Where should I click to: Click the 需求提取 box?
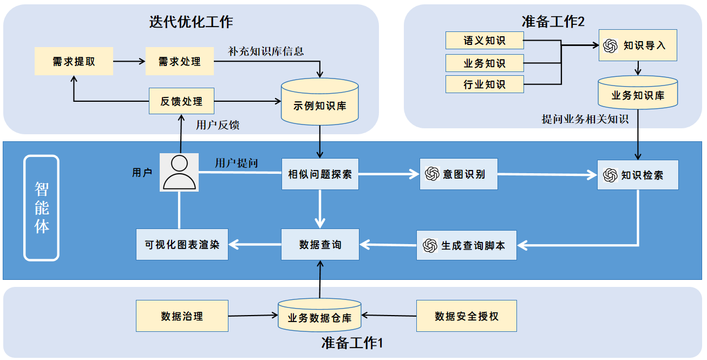74,61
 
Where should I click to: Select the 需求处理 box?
180,61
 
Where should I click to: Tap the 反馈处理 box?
182,101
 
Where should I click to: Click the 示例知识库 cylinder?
319,102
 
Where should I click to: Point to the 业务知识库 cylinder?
638,93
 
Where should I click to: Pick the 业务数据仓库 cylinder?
319,315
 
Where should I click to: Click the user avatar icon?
179,172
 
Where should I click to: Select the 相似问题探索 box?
320,174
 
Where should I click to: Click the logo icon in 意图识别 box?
432,174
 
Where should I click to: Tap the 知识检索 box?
638,175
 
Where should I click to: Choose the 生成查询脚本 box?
466,245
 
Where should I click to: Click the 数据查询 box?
320,245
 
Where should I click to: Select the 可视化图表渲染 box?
182,245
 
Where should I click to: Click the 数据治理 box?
182,316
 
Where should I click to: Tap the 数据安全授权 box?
466,316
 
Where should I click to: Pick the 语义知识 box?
485,40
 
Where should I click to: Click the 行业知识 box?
485,84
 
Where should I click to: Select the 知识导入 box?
638,45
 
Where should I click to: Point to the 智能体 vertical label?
42,207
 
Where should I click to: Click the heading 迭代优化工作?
191,22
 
